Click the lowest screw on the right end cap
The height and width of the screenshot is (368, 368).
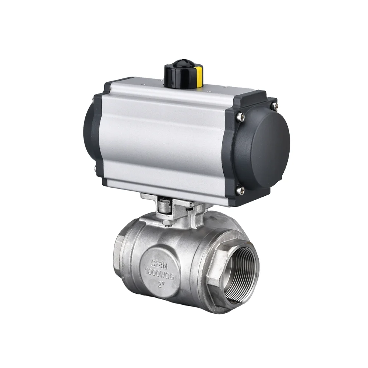click(x=241, y=190)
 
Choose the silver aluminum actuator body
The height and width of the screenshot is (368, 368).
click(x=166, y=136)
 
